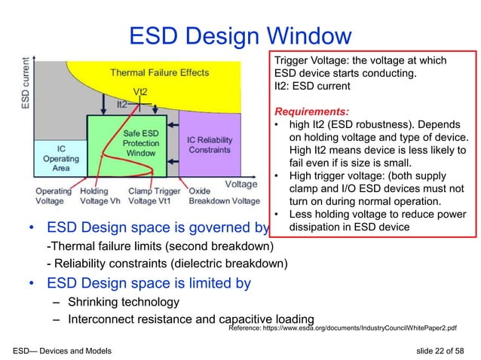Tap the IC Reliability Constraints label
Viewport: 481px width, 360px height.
210,145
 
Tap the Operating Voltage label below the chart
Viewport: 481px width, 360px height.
54,197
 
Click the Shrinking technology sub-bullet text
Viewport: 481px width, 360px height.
123,302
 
